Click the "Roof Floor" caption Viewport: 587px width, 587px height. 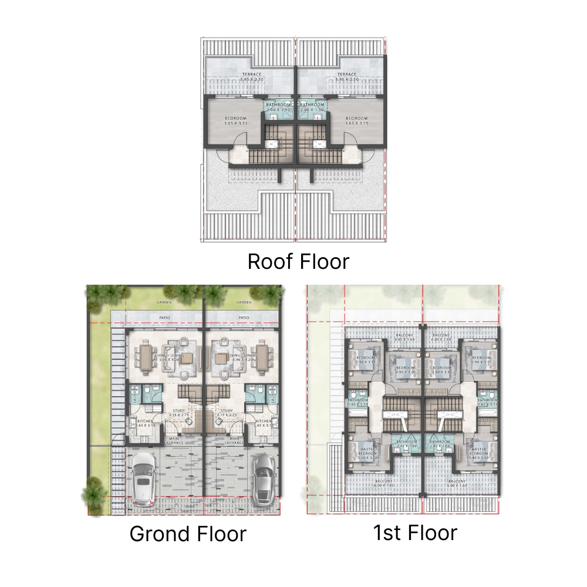(298, 261)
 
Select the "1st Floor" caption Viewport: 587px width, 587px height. (414, 532)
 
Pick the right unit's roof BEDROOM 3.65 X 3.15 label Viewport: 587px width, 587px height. (356, 121)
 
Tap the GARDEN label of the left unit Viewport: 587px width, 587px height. (164, 302)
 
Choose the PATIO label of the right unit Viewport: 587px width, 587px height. (244, 318)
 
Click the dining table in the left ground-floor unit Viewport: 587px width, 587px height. (146, 356)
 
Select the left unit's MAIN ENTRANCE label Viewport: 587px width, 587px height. (174, 440)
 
